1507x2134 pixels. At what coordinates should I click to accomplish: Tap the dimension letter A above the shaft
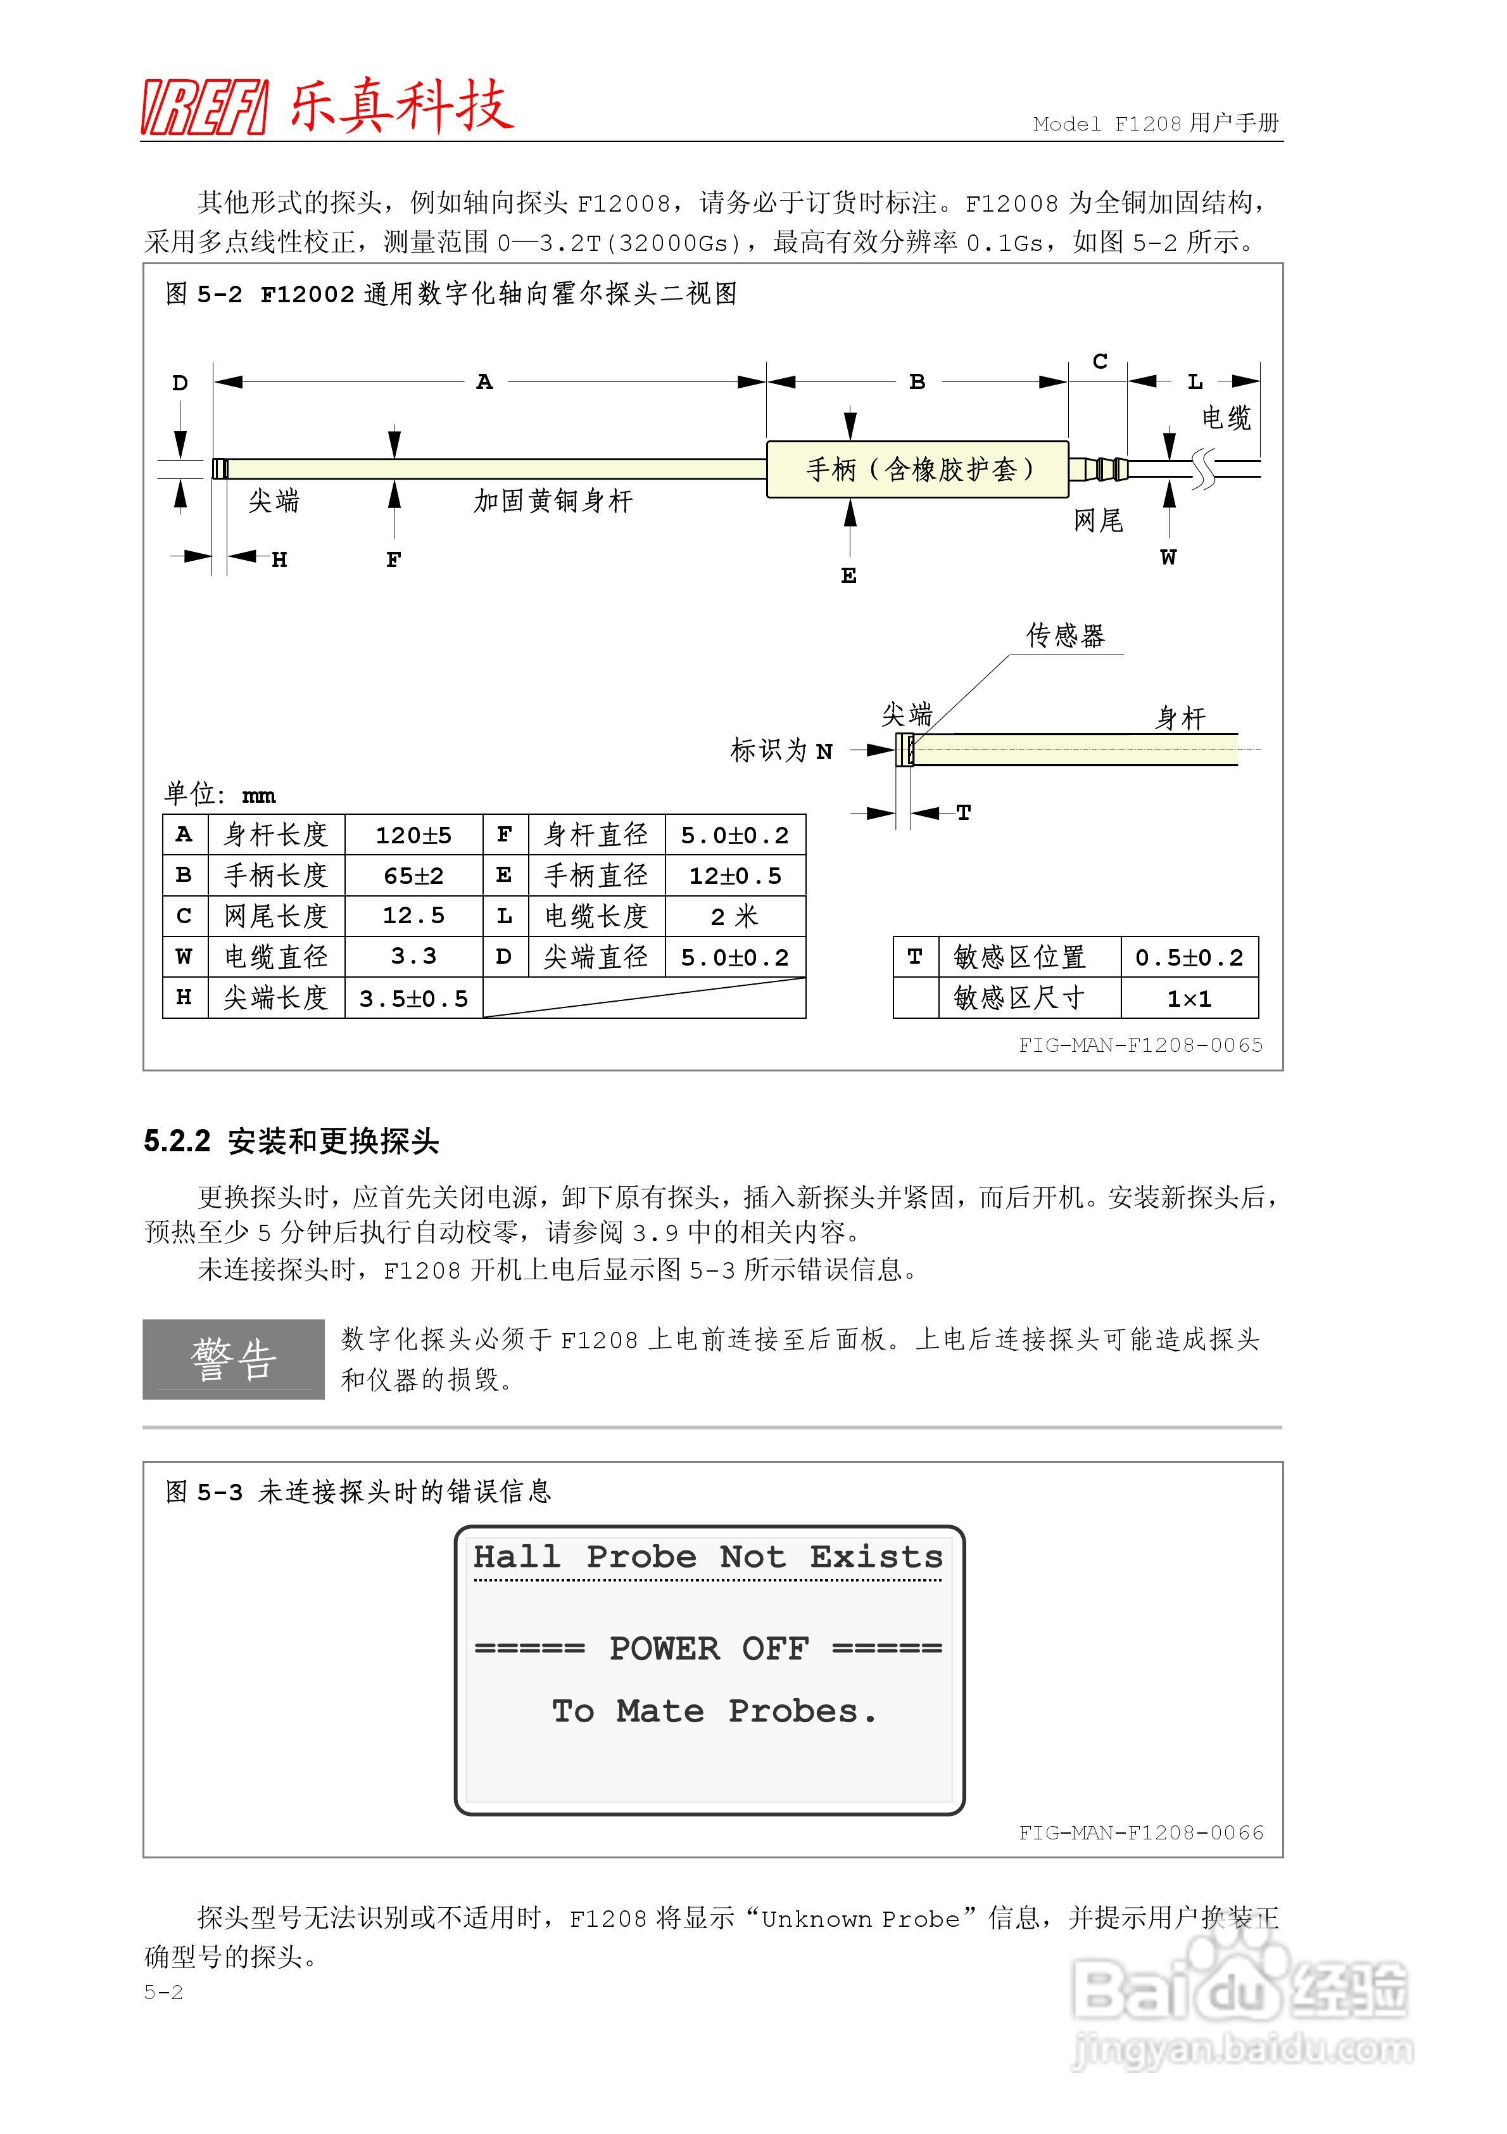(x=484, y=381)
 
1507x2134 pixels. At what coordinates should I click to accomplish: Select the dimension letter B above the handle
(x=917, y=381)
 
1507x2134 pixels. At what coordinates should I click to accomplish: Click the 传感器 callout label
(x=1065, y=636)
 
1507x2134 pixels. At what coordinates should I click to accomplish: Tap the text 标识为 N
(x=781, y=750)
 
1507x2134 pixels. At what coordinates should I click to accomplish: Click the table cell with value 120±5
(x=413, y=834)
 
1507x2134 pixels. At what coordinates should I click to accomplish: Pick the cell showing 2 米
(x=734, y=916)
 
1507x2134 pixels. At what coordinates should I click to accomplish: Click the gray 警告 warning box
(x=233, y=1359)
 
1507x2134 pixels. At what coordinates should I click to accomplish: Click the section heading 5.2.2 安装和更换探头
(x=291, y=1140)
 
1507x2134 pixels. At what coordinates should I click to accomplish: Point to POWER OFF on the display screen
(x=709, y=1649)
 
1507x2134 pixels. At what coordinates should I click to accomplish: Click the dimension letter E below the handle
(x=848, y=576)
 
